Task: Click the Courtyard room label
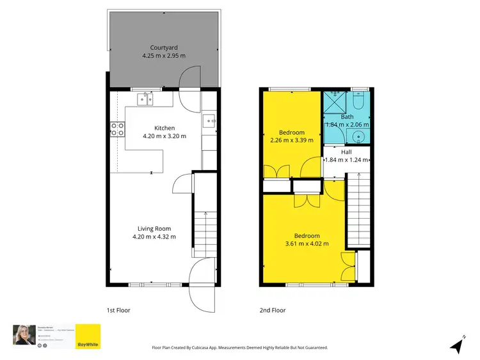click(x=164, y=47)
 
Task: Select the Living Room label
click(x=154, y=228)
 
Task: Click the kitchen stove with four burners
click(x=117, y=130)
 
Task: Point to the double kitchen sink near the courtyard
click(x=145, y=98)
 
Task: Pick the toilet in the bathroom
click(x=358, y=102)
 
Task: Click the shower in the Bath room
click(x=333, y=102)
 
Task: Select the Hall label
click(x=346, y=152)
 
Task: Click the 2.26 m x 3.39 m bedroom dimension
click(x=292, y=139)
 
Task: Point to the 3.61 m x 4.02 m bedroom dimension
click(x=307, y=244)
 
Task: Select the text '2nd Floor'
click(x=273, y=310)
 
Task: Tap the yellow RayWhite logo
click(x=88, y=336)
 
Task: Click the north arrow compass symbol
click(x=457, y=346)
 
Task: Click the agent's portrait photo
click(x=23, y=334)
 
